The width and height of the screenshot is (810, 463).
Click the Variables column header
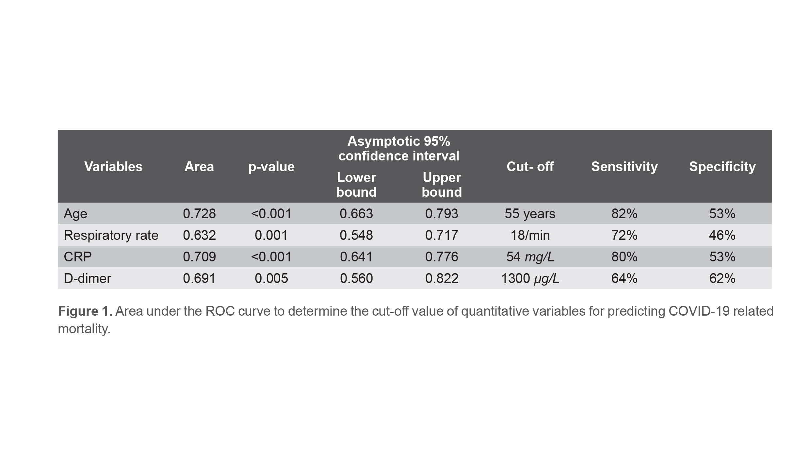tap(113, 167)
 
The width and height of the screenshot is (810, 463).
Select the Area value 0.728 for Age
tap(199, 214)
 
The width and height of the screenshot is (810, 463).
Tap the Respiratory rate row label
tap(111, 235)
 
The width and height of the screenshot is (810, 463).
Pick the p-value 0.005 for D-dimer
tap(271, 278)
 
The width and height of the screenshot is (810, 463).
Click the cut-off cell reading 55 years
tap(530, 214)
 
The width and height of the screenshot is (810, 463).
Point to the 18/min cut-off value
tap(530, 235)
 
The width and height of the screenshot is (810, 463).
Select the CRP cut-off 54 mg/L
tap(530, 257)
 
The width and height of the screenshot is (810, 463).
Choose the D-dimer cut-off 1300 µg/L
tap(530, 278)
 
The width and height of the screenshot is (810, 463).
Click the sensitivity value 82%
tap(624, 214)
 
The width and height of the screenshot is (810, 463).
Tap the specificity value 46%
tap(722, 235)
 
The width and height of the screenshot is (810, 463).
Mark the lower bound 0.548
tap(356, 235)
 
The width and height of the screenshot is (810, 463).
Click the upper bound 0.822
tap(442, 278)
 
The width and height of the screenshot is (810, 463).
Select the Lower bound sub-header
tap(356, 185)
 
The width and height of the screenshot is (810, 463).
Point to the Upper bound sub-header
tap(442, 185)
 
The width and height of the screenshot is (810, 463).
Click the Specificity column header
tap(722, 167)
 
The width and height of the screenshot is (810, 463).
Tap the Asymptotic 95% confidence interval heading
tap(398, 149)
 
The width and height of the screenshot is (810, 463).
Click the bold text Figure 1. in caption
tap(85, 311)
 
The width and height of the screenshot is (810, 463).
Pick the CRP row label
tap(77, 257)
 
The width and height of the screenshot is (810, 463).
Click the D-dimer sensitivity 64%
tap(624, 278)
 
